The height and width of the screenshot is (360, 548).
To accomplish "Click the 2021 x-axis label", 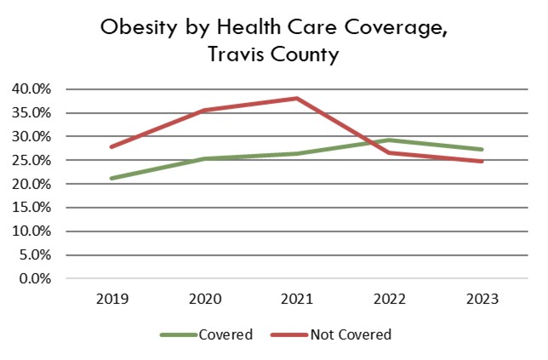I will point(296,299).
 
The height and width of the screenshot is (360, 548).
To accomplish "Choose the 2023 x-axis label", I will point(481,299).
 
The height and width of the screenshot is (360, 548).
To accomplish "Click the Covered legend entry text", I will point(226,334).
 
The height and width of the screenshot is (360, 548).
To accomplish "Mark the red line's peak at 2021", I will point(296,98).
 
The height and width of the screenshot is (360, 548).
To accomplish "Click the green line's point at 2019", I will point(111,179).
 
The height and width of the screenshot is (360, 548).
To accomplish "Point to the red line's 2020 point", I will point(203,111).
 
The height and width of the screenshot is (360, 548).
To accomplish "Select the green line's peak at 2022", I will point(389,140).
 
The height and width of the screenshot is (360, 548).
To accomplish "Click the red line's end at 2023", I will point(481,161).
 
